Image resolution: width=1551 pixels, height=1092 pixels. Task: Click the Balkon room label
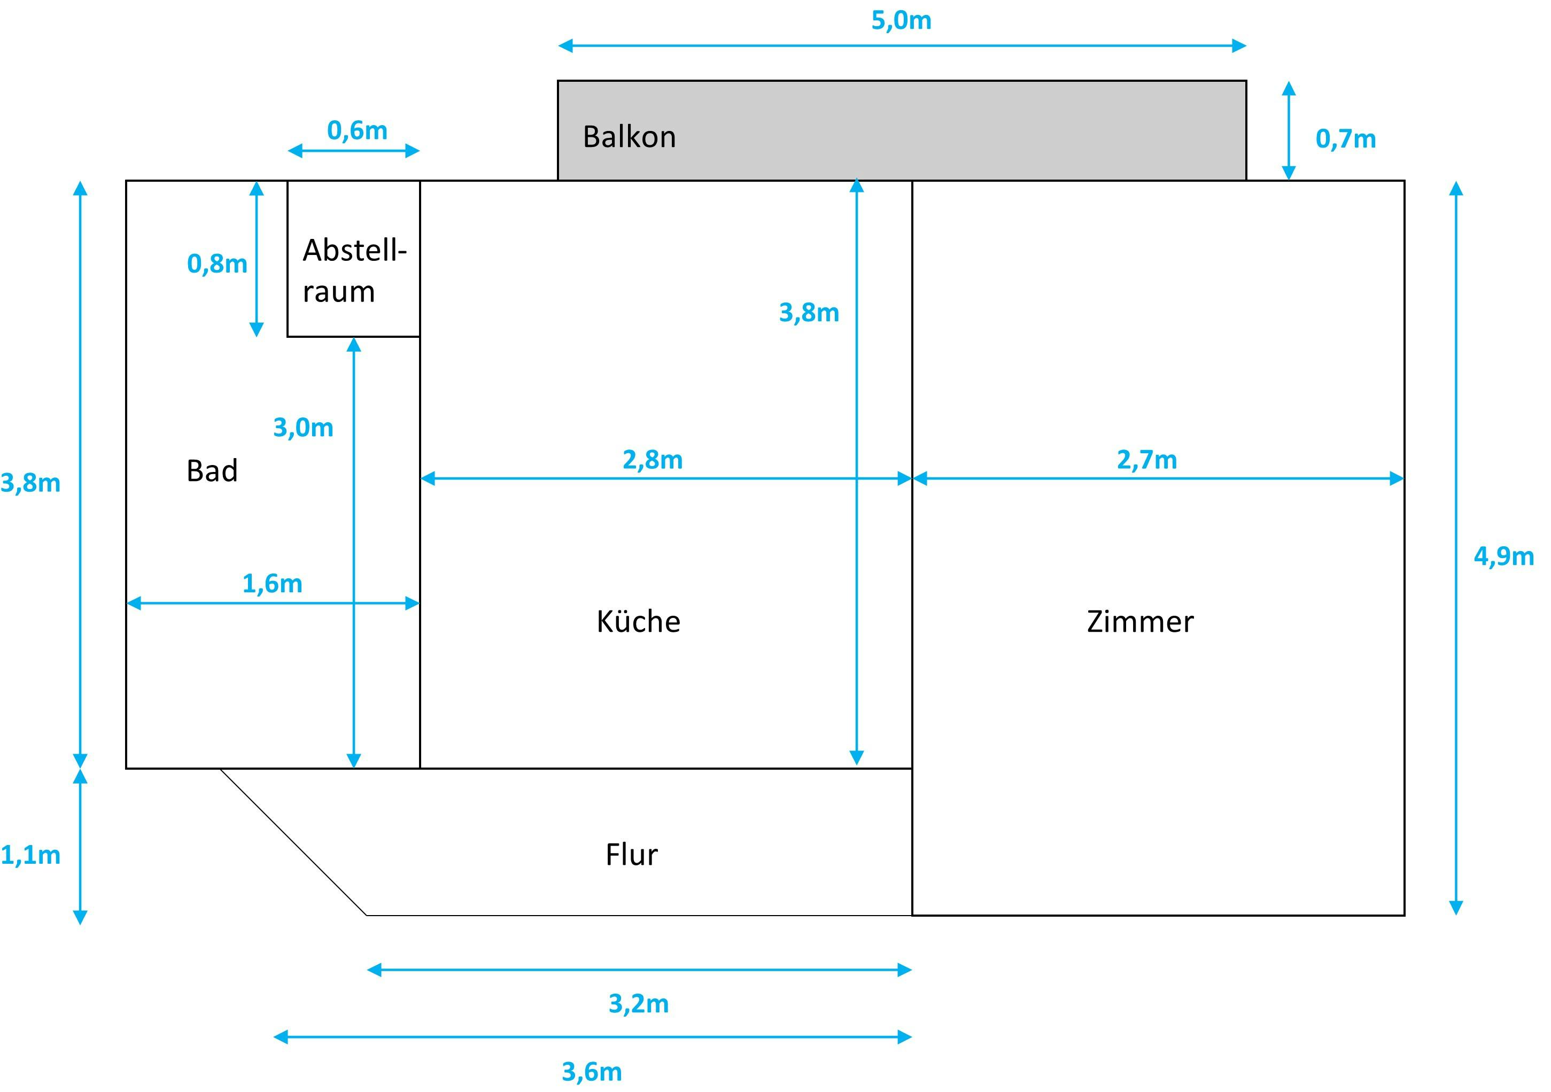click(x=629, y=137)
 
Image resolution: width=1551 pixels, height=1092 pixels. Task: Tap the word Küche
click(x=638, y=622)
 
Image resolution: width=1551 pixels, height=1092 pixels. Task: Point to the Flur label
click(x=631, y=855)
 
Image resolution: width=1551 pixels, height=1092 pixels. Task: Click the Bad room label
click(x=212, y=471)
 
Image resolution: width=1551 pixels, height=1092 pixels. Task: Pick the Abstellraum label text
click(x=353, y=271)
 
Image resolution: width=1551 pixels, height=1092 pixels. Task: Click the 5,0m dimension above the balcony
click(x=901, y=21)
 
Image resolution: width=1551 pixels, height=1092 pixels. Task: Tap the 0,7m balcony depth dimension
click(x=1345, y=139)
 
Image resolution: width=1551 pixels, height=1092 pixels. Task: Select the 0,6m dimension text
click(x=356, y=130)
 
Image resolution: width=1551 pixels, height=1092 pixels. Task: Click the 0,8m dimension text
click(x=217, y=264)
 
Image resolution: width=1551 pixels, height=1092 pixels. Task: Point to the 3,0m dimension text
click(x=303, y=428)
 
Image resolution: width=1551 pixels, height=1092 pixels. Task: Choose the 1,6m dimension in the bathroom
click(x=272, y=584)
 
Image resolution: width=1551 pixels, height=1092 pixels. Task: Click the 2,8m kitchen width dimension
click(x=652, y=460)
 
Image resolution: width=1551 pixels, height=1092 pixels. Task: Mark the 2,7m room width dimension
click(x=1146, y=460)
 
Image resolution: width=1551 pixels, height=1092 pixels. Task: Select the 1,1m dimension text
click(x=31, y=856)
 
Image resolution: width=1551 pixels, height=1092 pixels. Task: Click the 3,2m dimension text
click(x=638, y=1004)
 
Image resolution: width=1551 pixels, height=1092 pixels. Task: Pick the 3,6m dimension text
click(x=592, y=1072)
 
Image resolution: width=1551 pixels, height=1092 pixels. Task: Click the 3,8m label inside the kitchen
click(x=809, y=313)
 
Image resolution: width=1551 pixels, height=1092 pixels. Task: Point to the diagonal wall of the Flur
click(x=294, y=842)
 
